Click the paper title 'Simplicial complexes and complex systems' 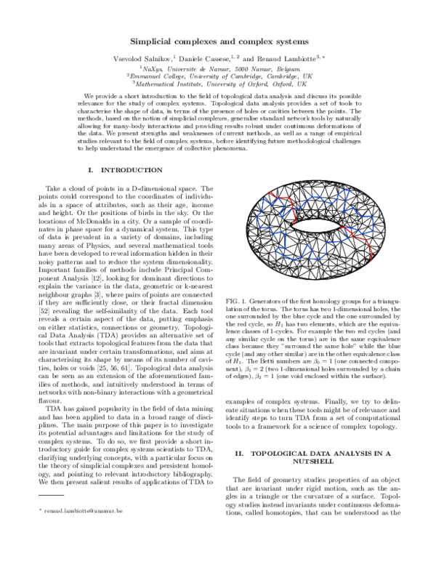click(x=219, y=42)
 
